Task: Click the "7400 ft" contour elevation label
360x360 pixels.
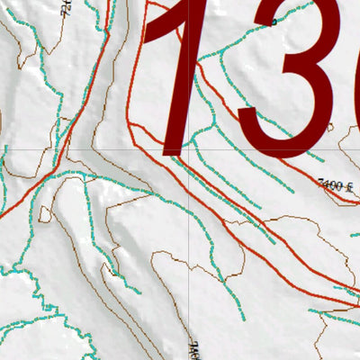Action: point(334,185)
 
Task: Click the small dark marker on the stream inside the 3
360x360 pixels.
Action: point(274,26)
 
